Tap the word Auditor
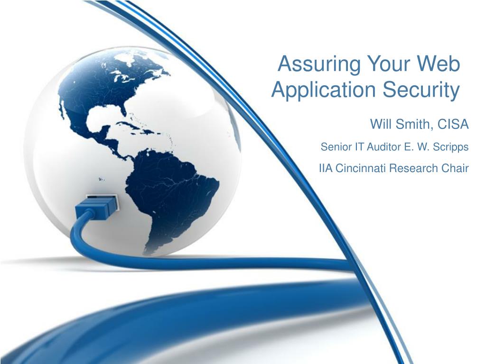[384, 146]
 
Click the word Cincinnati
[361, 168]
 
